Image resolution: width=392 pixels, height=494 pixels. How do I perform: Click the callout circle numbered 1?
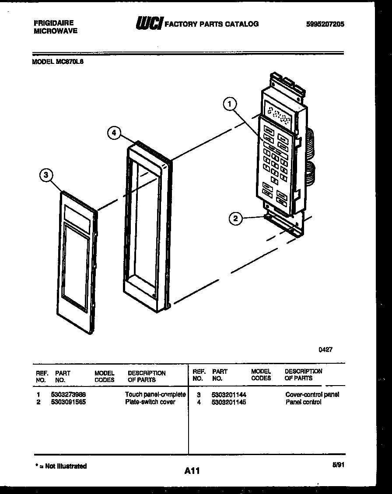pyautogui.click(x=230, y=104)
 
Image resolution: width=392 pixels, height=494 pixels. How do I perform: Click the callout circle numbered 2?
pyautogui.click(x=236, y=219)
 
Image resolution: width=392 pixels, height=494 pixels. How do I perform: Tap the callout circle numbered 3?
pyautogui.click(x=46, y=176)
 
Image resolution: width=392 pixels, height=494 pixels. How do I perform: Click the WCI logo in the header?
pyautogui.click(x=149, y=23)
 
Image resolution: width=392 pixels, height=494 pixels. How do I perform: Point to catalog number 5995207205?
pyautogui.click(x=325, y=24)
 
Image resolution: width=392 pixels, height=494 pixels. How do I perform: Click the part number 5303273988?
pyautogui.click(x=68, y=394)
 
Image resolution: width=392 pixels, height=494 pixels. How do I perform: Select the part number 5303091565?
pyautogui.click(x=68, y=402)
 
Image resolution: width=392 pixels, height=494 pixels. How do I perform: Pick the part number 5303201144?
pyautogui.click(x=228, y=394)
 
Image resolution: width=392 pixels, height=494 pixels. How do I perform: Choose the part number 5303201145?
pyautogui.click(x=228, y=402)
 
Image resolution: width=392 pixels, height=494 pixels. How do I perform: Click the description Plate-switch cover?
pyautogui.click(x=150, y=402)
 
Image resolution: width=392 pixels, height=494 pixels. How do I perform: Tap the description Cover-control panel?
pyautogui.click(x=312, y=394)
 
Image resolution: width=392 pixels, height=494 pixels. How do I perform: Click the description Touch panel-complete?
pyautogui.click(x=155, y=394)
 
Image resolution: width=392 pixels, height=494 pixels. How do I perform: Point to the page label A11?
pyautogui.click(x=192, y=471)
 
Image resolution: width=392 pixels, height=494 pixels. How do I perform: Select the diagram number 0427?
pyautogui.click(x=325, y=349)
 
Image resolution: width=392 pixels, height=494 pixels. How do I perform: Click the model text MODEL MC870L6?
pyautogui.click(x=58, y=62)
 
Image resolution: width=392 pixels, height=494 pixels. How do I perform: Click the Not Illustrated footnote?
pyautogui.click(x=61, y=466)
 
